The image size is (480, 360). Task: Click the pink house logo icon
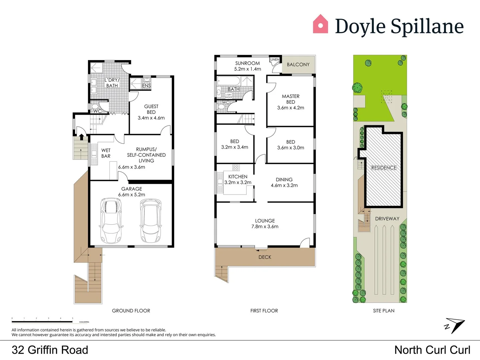click(x=320, y=24)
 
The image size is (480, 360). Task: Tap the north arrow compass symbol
click(x=455, y=325)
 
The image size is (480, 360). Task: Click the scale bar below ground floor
click(x=42, y=321)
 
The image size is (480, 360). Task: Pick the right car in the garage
click(x=151, y=220)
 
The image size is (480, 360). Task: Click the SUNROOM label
click(x=247, y=63)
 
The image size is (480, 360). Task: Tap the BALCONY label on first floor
click(x=298, y=65)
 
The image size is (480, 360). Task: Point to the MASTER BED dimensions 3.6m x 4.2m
click(x=291, y=108)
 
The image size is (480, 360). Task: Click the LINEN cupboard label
click(x=275, y=60)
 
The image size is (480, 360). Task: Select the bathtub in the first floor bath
click(x=228, y=81)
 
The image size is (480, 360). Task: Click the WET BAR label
click(x=106, y=153)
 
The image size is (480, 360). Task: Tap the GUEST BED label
click(x=151, y=109)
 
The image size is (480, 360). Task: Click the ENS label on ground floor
click(x=146, y=86)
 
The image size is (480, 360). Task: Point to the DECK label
click(x=265, y=257)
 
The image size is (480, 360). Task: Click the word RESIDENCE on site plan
click(x=384, y=168)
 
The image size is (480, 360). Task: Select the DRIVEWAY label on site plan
click(x=387, y=219)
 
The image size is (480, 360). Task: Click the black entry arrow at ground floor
click(x=81, y=137)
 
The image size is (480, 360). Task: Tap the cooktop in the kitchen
click(x=235, y=167)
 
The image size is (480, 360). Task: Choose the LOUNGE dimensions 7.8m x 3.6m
click(x=265, y=227)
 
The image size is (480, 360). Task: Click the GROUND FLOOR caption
click(x=131, y=311)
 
